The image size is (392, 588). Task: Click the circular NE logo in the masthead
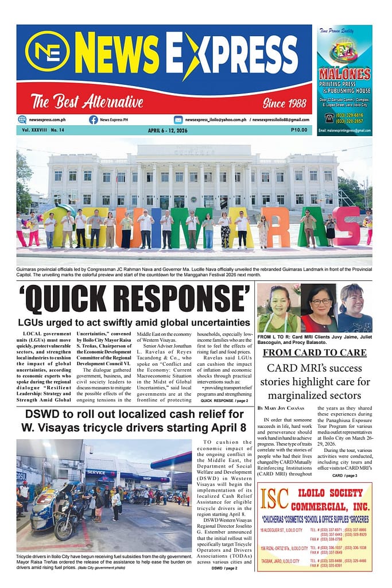tap(47, 51)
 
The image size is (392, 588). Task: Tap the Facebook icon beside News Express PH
tap(93, 119)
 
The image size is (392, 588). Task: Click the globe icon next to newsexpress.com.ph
tap(22, 119)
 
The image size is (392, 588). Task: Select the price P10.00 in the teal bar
tap(298, 130)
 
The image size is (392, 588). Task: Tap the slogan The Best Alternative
tap(87, 103)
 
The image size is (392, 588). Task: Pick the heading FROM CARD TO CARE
tap(314, 352)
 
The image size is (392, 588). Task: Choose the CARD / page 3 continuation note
tap(344, 475)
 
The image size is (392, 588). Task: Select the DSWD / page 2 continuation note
tap(224, 568)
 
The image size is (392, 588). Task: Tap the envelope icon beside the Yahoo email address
tap(178, 119)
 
